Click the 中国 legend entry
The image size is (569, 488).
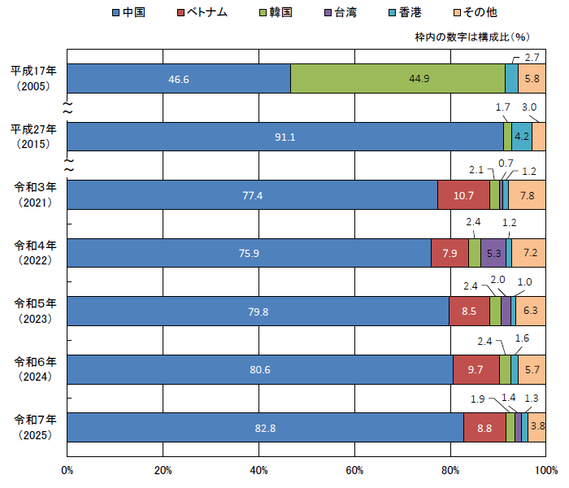[132, 12]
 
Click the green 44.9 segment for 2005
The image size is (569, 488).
[397, 79]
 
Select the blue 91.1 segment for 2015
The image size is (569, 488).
[284, 137]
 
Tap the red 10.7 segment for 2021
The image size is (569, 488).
[463, 195]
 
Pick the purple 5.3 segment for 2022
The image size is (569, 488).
[493, 253]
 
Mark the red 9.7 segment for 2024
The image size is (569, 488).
[476, 369]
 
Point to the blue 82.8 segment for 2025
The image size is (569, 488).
[265, 427]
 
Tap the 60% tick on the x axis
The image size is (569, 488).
[354, 470]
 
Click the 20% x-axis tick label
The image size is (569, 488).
[163, 470]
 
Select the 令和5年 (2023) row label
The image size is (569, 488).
[33, 311]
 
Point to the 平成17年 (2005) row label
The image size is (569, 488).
[33, 79]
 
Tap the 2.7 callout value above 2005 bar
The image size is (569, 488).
[532, 57]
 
